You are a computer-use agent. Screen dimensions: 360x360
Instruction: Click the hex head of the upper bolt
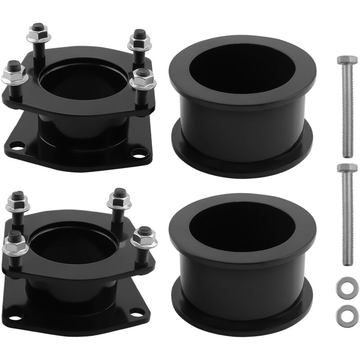(x=347, y=61)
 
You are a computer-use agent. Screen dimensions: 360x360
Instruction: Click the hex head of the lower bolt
(x=347, y=169)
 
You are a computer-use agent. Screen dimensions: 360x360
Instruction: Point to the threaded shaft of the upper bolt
(x=347, y=112)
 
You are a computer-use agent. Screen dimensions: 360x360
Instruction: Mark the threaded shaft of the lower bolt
(x=347, y=220)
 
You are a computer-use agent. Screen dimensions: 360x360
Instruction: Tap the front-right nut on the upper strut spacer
(x=142, y=81)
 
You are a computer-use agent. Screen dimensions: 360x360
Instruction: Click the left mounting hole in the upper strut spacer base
(x=18, y=145)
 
